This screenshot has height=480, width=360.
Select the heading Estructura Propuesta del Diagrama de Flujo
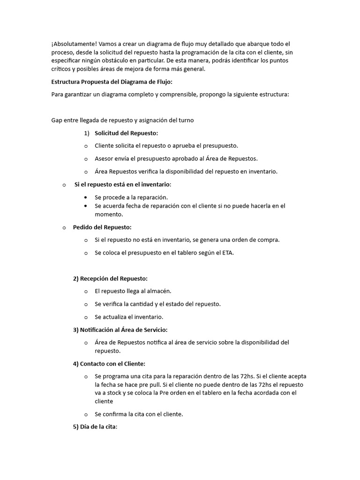coord(112,82)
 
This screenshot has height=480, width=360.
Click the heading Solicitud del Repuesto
coord(126,133)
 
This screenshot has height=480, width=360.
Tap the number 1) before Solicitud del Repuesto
coord(87,133)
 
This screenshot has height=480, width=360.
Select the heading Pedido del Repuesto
coord(102,227)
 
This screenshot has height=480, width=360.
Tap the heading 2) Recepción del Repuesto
coord(110,278)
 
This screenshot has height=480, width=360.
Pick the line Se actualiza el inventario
coord(129,317)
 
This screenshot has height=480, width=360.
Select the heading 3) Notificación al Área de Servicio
coord(120,330)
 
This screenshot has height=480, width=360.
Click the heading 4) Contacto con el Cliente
coord(113,364)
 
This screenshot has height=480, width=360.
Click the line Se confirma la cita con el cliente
coord(139,414)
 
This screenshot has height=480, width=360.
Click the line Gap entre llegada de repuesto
coord(122,120)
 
